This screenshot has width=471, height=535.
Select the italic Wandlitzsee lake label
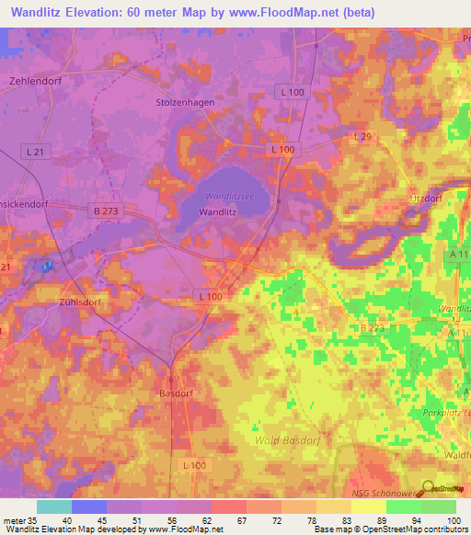pyautogui.click(x=229, y=196)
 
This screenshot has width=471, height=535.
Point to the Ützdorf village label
pyautogui.click(x=426, y=199)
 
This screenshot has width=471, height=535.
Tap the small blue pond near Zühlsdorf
pyautogui.click(x=47, y=267)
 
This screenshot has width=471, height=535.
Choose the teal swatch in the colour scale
pyautogui.click(x=54, y=507)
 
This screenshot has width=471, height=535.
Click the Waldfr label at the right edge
pyautogui.click(x=456, y=427)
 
